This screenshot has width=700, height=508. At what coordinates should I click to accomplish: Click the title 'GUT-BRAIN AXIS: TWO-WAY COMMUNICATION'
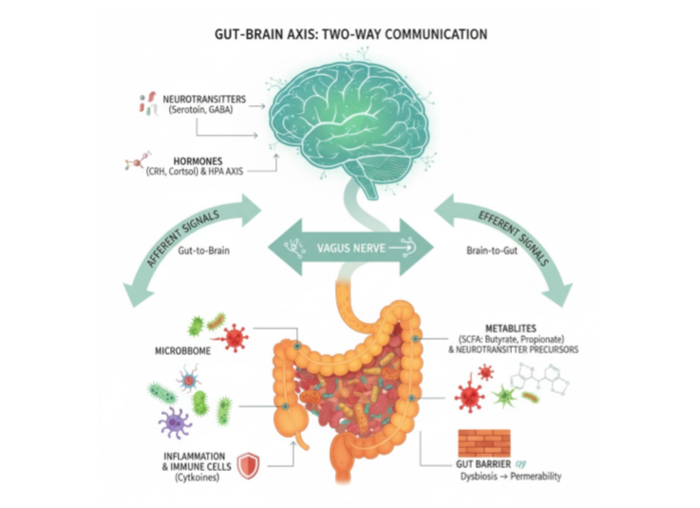click(351, 35)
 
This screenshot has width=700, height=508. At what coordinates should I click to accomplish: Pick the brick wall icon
click(483, 442)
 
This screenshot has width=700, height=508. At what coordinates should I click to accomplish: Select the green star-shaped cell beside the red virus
click(501, 395)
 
